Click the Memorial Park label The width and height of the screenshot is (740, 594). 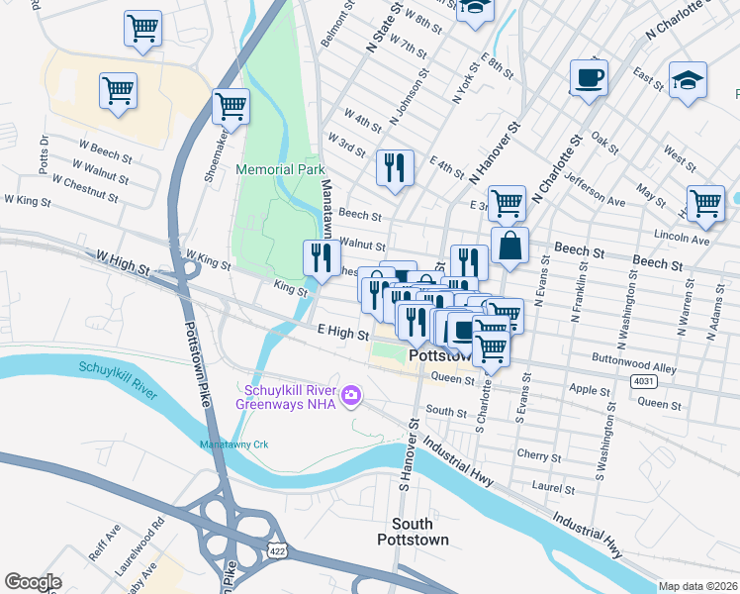pyautogui.click(x=281, y=169)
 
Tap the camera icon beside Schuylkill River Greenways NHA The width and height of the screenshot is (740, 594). pyautogui.click(x=350, y=397)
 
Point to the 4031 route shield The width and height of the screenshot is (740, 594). pyautogui.click(x=643, y=380)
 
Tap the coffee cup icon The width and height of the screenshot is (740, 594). pyautogui.click(x=588, y=77)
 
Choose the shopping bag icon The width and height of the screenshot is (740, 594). pyautogui.click(x=509, y=247)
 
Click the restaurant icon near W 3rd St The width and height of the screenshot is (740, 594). pyautogui.click(x=395, y=166)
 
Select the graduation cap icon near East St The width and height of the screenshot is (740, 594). pyautogui.click(x=688, y=81)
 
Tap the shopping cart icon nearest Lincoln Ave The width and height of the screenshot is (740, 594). pyautogui.click(x=705, y=203)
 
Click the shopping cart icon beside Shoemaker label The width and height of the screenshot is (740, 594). pyautogui.click(x=231, y=104)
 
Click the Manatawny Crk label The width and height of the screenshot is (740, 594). pyautogui.click(x=233, y=445)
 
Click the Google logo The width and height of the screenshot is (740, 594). pyautogui.click(x=33, y=582)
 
